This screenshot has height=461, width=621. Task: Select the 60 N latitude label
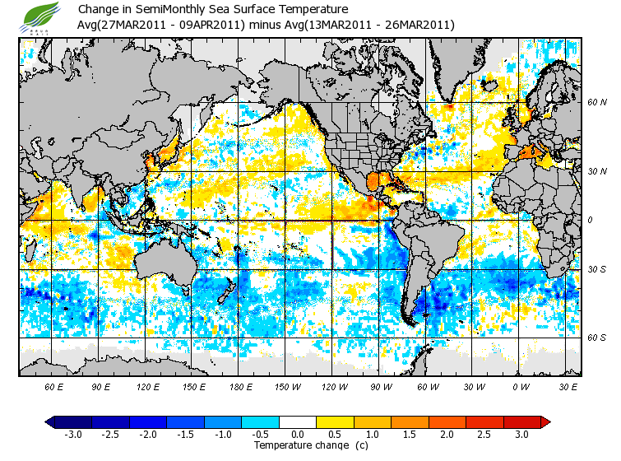tap(596, 103)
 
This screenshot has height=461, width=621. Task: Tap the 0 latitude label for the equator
tap(589, 220)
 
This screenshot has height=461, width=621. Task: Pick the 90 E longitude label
tap(101, 386)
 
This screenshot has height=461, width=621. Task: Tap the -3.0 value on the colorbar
tap(73, 434)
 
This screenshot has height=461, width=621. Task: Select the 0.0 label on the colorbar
tap(298, 434)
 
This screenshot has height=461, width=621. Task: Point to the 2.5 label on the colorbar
tap(484, 434)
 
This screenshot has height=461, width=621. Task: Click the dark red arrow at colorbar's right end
tap(545, 421)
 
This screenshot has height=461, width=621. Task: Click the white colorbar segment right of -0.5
tap(289, 421)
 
